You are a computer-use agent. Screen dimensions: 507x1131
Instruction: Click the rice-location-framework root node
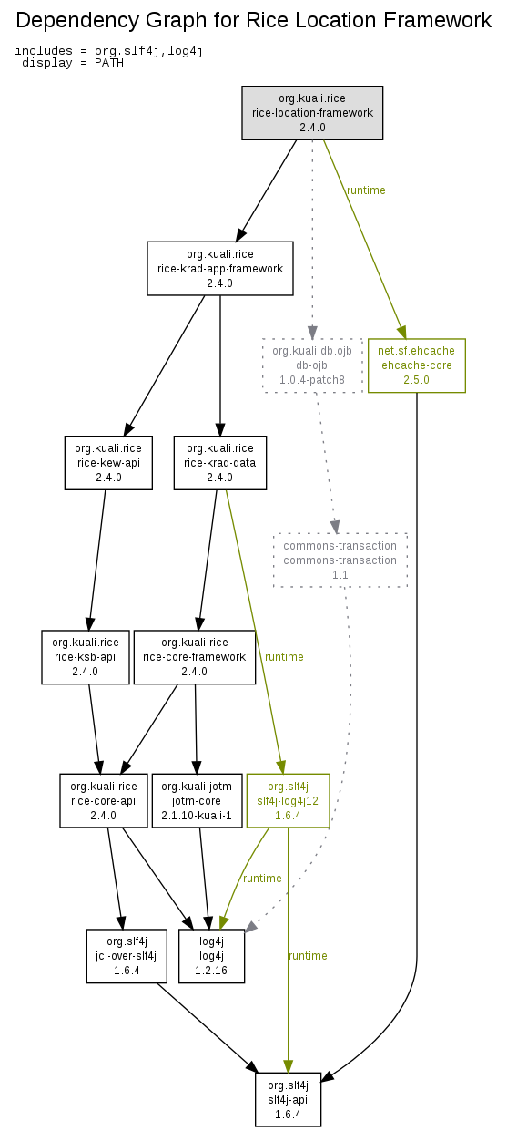coord(312,113)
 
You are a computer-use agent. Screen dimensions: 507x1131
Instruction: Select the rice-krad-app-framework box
coord(220,268)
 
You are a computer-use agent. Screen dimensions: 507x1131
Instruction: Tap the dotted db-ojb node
coord(312,365)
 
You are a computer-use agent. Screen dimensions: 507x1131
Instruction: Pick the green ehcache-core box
coord(417,365)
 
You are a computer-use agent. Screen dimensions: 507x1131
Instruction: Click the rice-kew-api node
coord(108,462)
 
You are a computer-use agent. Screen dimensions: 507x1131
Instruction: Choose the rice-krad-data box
coord(220,462)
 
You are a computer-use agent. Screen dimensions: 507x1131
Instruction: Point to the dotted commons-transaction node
coord(340,560)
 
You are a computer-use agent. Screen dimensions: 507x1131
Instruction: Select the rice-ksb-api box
coord(86,657)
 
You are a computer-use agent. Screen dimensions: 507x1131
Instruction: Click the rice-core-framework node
coord(194,657)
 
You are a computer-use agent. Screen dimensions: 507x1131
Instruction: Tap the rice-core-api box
coord(104,801)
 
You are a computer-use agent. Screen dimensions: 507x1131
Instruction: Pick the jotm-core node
coord(197,801)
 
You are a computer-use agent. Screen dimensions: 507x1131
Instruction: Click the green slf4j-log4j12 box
coord(288,801)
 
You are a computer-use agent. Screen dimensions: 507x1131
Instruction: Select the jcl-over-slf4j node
coord(127,956)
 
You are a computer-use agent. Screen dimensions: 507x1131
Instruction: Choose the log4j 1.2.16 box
coord(211,956)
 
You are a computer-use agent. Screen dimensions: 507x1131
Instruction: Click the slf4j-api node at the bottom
coord(288,1100)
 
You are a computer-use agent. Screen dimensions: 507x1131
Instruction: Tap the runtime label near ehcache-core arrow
coord(366,190)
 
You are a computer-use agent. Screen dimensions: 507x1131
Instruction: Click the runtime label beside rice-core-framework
coord(284,657)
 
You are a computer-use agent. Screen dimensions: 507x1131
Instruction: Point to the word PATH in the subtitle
coord(109,63)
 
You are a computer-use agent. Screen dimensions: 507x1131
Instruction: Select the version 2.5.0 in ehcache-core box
coord(416,380)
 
